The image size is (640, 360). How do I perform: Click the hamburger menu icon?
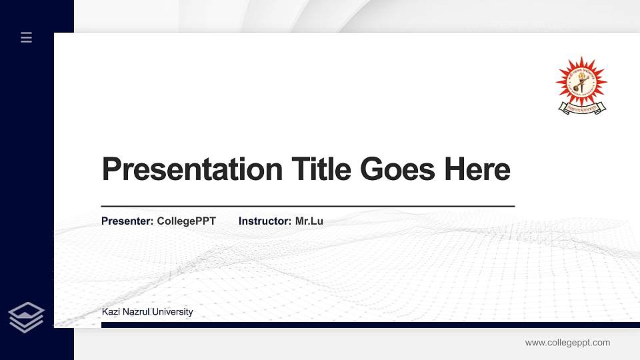[27, 37]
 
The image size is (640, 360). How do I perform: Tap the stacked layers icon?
[26, 317]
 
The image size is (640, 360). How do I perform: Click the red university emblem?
[581, 83]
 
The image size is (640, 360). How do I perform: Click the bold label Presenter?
[127, 221]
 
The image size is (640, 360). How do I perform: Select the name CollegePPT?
[186, 221]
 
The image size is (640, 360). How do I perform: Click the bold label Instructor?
[265, 221]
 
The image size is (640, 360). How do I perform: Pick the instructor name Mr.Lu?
[309, 221]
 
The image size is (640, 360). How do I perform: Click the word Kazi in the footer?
[110, 311]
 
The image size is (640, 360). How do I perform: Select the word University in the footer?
[172, 311]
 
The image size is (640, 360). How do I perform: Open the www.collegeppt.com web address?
[567, 343]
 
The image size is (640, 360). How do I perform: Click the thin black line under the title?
[307, 207]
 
